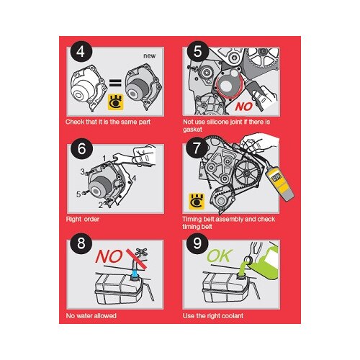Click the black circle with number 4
point(81,52)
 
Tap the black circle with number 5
point(198,52)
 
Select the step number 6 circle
point(81,149)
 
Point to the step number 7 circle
point(197,148)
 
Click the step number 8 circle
point(81,243)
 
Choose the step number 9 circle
point(197,243)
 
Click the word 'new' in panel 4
point(150,56)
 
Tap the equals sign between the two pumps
point(115,83)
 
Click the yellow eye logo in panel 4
point(116,102)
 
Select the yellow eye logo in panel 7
point(197,201)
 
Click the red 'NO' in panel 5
point(244,107)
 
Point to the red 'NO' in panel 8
point(109,256)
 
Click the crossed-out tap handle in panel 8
point(141,253)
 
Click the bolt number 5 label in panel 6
point(78,194)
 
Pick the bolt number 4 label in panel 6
point(134,179)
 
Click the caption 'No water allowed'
point(91,316)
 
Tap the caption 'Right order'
point(83,219)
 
